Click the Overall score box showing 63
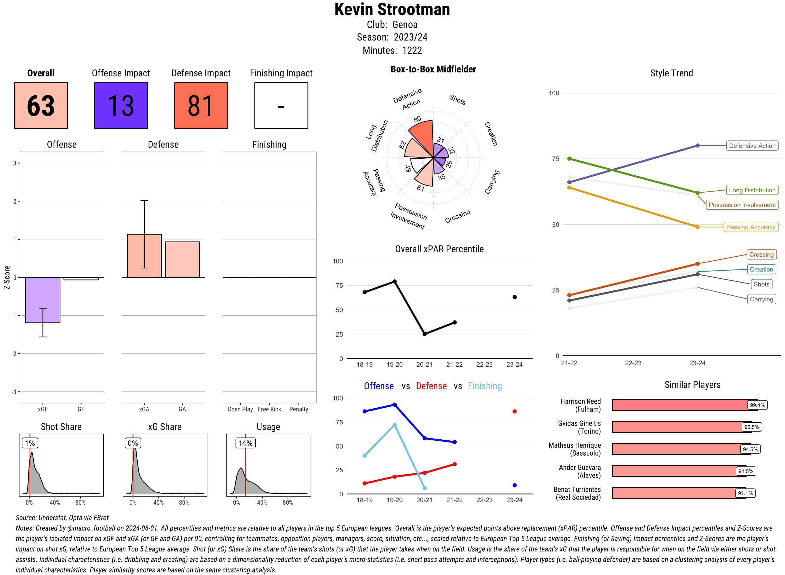coord(41,106)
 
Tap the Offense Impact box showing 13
coord(121,106)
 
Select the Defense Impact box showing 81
coord(201,106)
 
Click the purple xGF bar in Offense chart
coord(42,300)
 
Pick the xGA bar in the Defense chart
coord(144,256)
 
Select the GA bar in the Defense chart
coord(182,259)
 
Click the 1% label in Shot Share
coord(30,443)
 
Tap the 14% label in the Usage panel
coord(246,443)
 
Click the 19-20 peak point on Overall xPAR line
coord(394,281)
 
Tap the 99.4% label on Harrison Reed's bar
coord(757,405)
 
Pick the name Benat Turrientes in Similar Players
coord(577,489)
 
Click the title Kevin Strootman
coord(392,9)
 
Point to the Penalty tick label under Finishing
coord(299,409)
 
